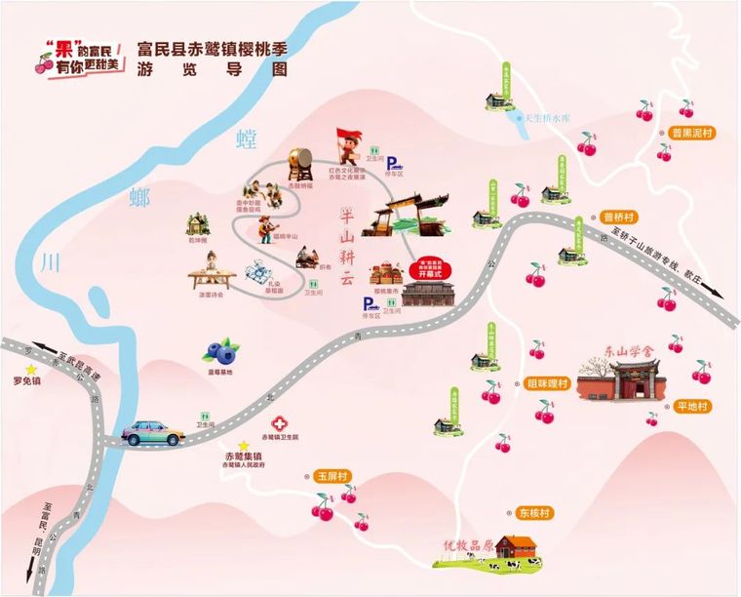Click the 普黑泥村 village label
point(693,135)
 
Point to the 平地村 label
point(696,407)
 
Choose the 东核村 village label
point(534,512)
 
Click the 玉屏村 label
point(332,477)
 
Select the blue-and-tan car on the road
point(155,432)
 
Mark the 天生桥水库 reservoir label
point(549,118)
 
